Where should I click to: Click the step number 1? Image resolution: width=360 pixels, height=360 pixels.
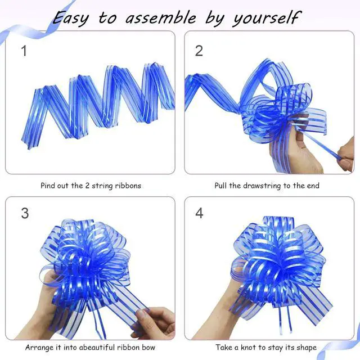coord(24,51)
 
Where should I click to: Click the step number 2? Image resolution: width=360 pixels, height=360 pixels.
coord(199,51)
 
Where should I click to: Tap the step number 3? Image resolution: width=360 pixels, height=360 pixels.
coord(25,213)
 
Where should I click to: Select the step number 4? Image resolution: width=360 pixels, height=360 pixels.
coord(199,213)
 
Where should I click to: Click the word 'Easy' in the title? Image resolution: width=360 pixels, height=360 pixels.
coord(70,19)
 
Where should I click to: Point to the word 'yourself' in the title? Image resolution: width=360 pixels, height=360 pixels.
coord(266,18)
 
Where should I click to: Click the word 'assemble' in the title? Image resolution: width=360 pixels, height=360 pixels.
coord(161,18)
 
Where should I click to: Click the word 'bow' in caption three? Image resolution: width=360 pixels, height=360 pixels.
coord(148,348)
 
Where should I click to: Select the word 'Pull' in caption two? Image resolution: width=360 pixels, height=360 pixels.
coord(220,186)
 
